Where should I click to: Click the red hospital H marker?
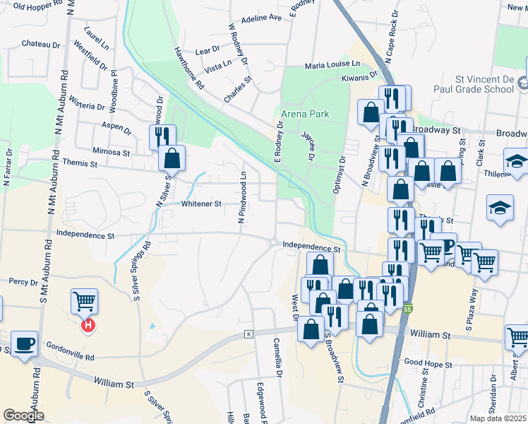pyautogui.click(x=88, y=326)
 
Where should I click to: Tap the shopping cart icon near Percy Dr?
pyautogui.click(x=84, y=302)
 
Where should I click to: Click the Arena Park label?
pyautogui.click(x=305, y=113)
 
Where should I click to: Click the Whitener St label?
pyautogui.click(x=202, y=204)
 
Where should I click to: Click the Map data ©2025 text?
pyautogui.click(x=498, y=418)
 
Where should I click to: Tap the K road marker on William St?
pyautogui.click(x=248, y=334)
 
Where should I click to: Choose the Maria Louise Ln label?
pyautogui.click(x=332, y=65)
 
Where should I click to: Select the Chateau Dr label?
pyautogui.click(x=41, y=44)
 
